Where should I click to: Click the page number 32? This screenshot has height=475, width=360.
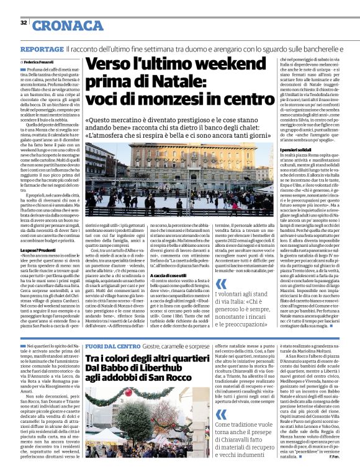(24, 23)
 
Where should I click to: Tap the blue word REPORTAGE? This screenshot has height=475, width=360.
(41, 48)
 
